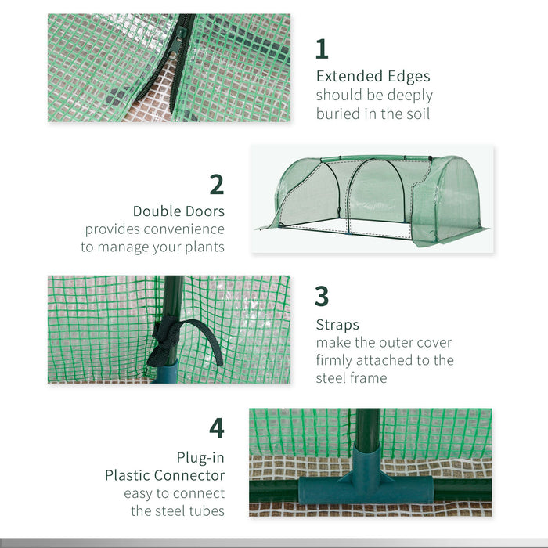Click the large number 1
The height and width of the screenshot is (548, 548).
(x=322, y=49)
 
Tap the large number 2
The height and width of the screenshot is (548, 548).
(x=217, y=184)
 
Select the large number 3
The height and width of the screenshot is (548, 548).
(x=322, y=297)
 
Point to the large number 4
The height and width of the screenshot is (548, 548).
(x=217, y=427)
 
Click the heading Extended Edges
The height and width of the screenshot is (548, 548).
(x=373, y=76)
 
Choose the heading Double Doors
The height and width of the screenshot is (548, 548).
(x=178, y=211)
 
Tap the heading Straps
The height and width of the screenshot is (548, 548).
(x=337, y=324)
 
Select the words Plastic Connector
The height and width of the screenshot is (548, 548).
(x=165, y=475)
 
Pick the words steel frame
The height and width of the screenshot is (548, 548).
(x=352, y=378)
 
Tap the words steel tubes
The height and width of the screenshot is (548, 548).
(x=178, y=511)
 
